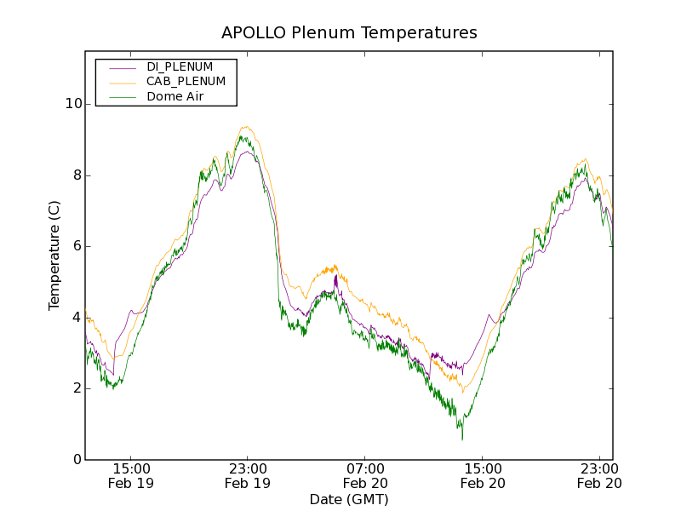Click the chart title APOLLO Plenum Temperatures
349,33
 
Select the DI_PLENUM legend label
180,66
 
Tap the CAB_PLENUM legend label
186,82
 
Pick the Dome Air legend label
175,96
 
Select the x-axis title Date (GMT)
349,499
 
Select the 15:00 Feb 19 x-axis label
131,475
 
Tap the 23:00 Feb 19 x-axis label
248,475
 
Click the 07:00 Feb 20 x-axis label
365,475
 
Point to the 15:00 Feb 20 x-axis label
482,475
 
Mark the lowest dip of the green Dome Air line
462,439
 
